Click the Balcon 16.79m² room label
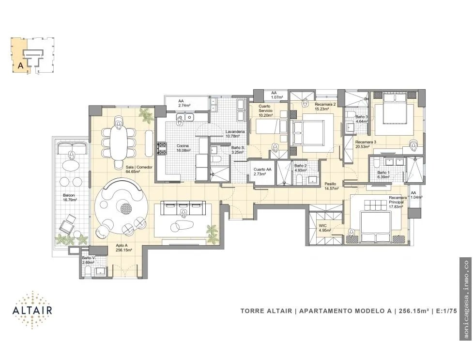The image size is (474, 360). click(70, 198)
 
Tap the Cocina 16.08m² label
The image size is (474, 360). click(183, 148)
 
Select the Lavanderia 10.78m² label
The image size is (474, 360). click(235, 134)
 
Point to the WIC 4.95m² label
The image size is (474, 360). click(325, 228)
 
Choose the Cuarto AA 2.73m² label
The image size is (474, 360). click(262, 172)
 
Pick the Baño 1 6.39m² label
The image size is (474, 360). click(383, 174)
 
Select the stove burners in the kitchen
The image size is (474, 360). click(162, 149)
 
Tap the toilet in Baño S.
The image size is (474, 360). click(217, 158)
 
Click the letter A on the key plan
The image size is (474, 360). click(20, 65)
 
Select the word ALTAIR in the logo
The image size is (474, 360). click(32, 310)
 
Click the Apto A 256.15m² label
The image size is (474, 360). click(123, 248)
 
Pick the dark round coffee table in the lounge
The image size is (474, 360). click(126, 208)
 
